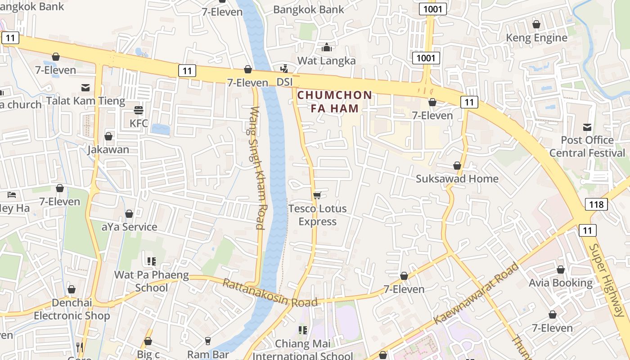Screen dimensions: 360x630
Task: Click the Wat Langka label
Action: click(326, 60)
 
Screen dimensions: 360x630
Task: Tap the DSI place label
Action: click(284, 82)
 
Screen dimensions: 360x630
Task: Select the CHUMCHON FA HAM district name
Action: click(335, 102)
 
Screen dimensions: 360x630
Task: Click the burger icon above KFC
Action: click(139, 110)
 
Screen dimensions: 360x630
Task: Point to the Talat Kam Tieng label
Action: click(85, 101)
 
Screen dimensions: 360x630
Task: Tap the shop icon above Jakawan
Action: click(108, 136)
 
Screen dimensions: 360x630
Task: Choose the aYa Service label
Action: click(129, 227)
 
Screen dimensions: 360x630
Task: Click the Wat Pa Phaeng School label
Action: click(151, 281)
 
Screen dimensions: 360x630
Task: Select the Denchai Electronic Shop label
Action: click(72, 309)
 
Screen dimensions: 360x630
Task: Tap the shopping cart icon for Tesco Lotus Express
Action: click(317, 195)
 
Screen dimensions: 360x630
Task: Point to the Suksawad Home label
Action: click(457, 179)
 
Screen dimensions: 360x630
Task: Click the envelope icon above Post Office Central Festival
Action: click(587, 127)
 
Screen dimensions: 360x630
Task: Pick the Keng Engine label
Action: click(536, 38)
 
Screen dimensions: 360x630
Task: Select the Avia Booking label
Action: click(560, 283)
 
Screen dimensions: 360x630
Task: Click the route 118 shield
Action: click(596, 205)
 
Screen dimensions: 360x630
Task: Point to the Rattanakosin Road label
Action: click(270, 293)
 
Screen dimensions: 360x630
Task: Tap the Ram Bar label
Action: click(207, 354)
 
